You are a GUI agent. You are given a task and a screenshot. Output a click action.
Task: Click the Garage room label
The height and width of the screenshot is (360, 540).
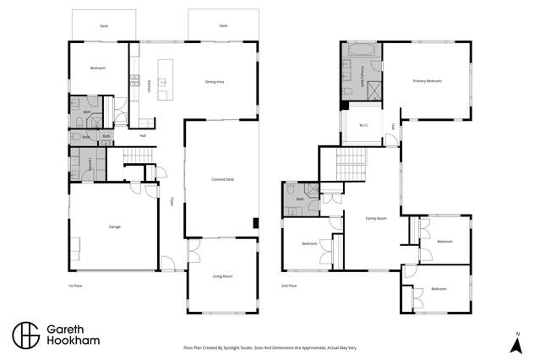point(113,227)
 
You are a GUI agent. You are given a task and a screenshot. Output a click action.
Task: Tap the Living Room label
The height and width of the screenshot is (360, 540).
point(221,276)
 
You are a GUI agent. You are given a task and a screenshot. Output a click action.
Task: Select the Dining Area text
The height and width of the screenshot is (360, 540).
point(215,82)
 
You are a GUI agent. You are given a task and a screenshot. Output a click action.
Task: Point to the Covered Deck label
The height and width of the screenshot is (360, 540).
point(222,179)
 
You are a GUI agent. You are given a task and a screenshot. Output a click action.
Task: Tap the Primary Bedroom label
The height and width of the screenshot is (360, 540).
point(427,81)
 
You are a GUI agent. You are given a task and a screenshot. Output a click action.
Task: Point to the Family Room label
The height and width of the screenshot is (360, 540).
point(376,218)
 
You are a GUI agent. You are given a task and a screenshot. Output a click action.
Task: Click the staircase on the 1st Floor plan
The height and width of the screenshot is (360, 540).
point(135,156)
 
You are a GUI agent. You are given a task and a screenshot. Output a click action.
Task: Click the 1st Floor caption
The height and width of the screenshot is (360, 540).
point(76,286)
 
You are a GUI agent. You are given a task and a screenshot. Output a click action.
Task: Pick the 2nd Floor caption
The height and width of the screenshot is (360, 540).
point(290,286)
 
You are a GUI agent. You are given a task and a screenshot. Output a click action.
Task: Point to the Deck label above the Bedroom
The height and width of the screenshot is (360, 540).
point(103,26)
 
